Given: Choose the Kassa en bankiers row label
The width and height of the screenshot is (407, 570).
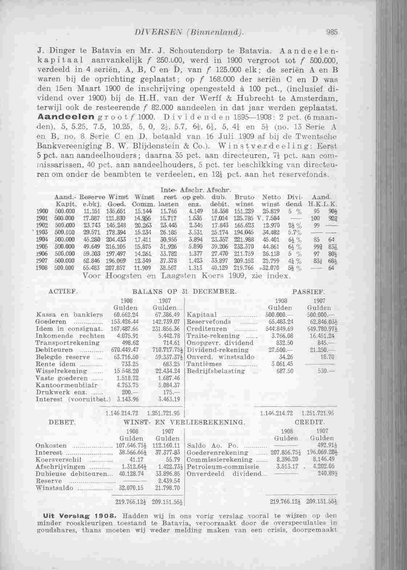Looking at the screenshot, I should [69, 314].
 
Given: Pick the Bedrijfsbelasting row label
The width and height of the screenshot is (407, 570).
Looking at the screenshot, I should [216, 371].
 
